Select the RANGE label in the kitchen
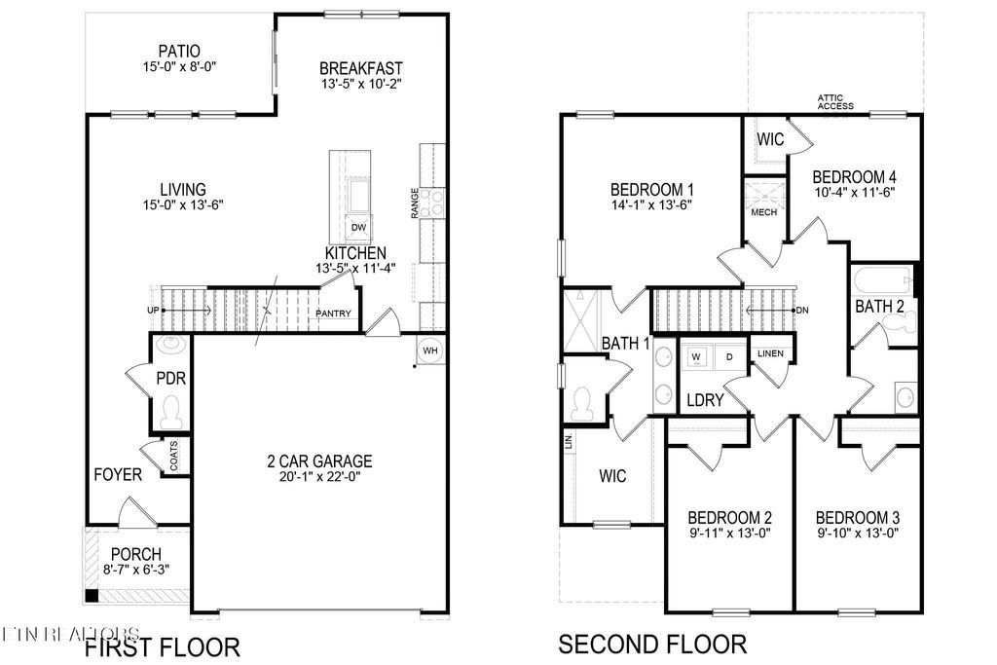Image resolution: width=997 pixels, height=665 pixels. pos(416,202)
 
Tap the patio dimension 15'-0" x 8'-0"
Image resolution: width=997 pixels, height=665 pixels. pos(179,68)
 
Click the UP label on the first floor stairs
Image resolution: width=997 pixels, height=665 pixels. pos(153,311)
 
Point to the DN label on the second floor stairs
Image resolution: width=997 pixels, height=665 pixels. pos(802,311)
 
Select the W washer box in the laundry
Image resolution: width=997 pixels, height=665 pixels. pos(696,357)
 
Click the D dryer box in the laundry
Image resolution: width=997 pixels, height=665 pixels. pos(728,357)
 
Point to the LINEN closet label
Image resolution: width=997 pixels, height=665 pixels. pos(770,352)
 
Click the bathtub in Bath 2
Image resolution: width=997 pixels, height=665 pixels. pos(882,281)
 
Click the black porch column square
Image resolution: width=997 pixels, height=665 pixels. pos(91,596)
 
